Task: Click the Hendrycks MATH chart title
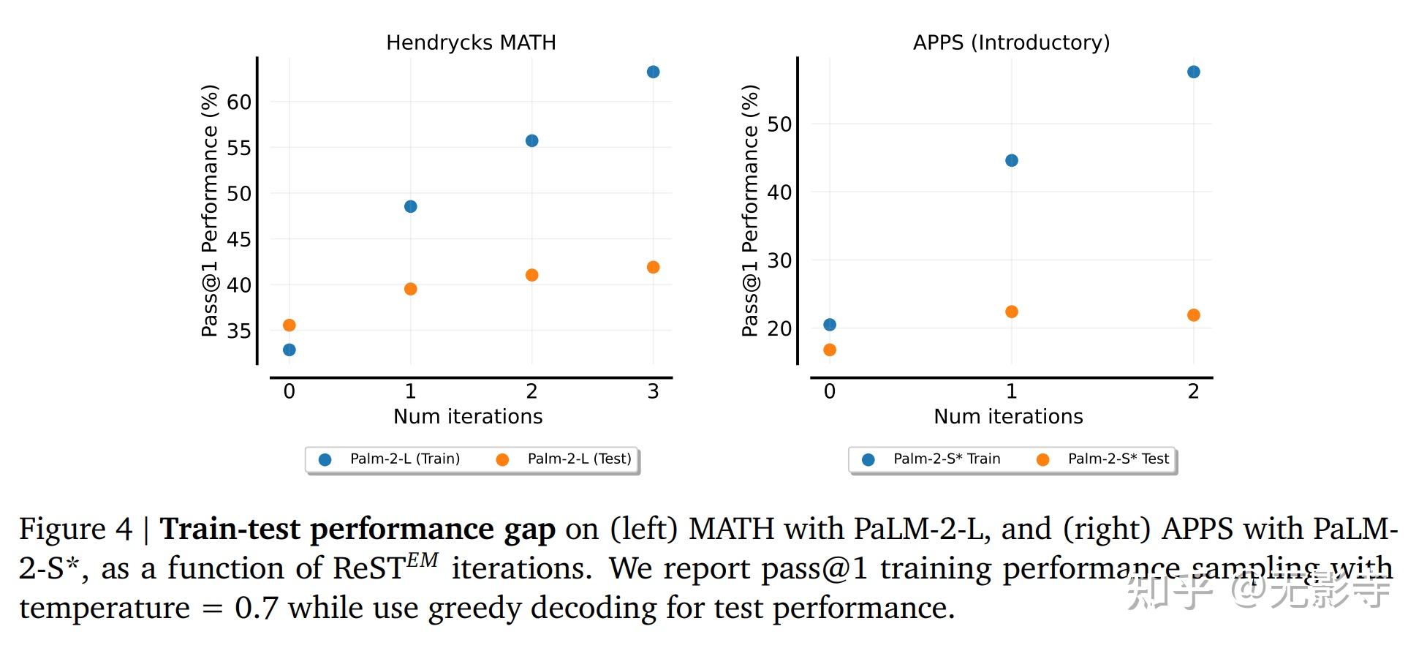coord(471,42)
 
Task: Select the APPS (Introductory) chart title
coord(1011,42)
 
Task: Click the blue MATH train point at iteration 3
coord(654,72)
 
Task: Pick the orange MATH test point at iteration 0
coord(289,325)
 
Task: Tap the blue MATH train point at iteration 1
coord(411,207)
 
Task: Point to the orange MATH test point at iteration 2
coord(532,275)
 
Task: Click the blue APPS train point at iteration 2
coord(1194,72)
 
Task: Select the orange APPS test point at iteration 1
coord(1012,312)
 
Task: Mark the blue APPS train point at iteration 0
coord(830,325)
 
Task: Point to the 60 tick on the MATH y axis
coord(239,102)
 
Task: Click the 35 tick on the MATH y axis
coord(239,331)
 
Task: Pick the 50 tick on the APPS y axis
coord(779,124)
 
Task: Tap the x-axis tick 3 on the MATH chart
coord(654,392)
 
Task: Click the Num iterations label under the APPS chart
coord(1008,417)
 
